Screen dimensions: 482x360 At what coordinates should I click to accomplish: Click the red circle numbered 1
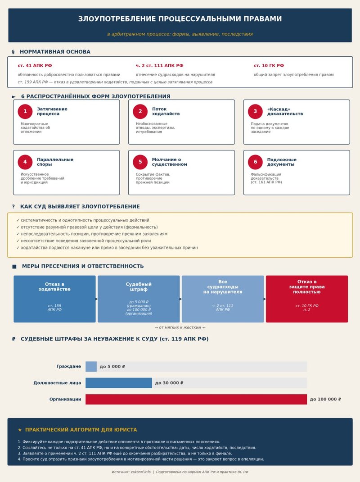pyautogui.click(x=25, y=112)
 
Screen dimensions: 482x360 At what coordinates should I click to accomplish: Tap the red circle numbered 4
pyautogui.click(x=25, y=162)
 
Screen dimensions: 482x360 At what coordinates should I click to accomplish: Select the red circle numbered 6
pyautogui.click(x=255, y=162)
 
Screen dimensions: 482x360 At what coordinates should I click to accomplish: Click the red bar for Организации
pyautogui.click(x=196, y=399)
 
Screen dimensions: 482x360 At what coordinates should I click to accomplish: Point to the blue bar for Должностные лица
pyautogui.click(x=119, y=383)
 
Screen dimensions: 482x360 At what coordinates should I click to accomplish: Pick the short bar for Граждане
pyautogui.click(x=91, y=367)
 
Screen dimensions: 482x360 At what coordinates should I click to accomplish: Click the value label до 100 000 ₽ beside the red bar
pyautogui.click(x=325, y=399)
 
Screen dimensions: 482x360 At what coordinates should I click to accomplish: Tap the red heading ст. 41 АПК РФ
pyautogui.click(x=35, y=66)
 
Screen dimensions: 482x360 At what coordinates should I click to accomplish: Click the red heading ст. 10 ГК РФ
pyautogui.click(x=269, y=66)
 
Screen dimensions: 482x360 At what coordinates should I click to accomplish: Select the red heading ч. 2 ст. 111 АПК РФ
pyautogui.click(x=159, y=66)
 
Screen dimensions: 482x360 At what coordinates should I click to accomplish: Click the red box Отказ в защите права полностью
pyautogui.click(x=307, y=299)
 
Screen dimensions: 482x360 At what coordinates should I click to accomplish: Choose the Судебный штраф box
pyautogui.click(x=139, y=299)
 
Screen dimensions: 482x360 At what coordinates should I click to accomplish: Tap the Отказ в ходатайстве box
pyautogui.click(x=54, y=299)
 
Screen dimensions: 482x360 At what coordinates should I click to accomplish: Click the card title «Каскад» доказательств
pyautogui.click(x=285, y=112)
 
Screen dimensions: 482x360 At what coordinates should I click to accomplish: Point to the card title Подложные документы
pyautogui.click(x=282, y=162)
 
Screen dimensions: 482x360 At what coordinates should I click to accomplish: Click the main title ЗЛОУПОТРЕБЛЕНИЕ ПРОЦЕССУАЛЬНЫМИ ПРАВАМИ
pyautogui.click(x=180, y=19)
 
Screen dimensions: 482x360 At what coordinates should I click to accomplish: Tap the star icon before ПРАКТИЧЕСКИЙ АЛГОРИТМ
pyautogui.click(x=20, y=430)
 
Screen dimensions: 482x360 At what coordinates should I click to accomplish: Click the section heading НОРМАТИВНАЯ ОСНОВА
pyautogui.click(x=55, y=52)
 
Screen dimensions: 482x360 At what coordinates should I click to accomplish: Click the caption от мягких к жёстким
pyautogui.click(x=180, y=327)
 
